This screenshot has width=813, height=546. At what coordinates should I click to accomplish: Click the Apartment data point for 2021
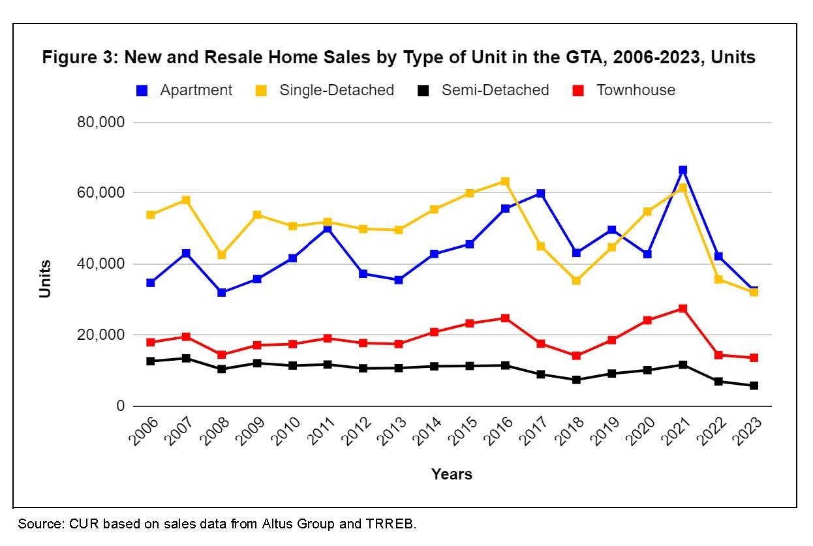coord(683,170)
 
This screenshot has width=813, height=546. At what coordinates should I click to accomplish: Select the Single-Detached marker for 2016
coord(505,181)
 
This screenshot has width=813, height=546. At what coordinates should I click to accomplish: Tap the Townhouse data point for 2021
coord(683,309)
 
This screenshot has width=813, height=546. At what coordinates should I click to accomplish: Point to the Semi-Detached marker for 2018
coord(576,380)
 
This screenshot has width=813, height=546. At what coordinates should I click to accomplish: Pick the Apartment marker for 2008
coord(221,293)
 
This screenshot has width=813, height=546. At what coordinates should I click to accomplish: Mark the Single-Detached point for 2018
coord(576,281)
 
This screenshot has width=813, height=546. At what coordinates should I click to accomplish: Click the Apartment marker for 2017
coord(541,194)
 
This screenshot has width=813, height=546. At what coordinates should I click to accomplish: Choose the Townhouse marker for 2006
coord(151,342)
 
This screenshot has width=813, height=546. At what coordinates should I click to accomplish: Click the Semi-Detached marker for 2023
coord(754,386)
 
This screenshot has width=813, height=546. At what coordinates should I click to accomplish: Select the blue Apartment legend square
coord(141,91)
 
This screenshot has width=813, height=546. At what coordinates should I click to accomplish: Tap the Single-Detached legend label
coord(337,90)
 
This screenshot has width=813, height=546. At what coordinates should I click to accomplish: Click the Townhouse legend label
coord(636,90)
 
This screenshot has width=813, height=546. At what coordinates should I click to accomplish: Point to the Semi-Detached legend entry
coord(495,90)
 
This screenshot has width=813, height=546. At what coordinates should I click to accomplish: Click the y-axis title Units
coord(45,279)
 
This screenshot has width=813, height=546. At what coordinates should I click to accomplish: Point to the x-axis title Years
coord(452,474)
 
